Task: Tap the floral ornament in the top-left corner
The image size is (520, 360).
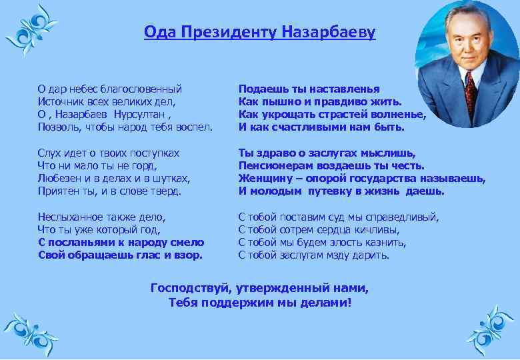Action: (30, 30)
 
